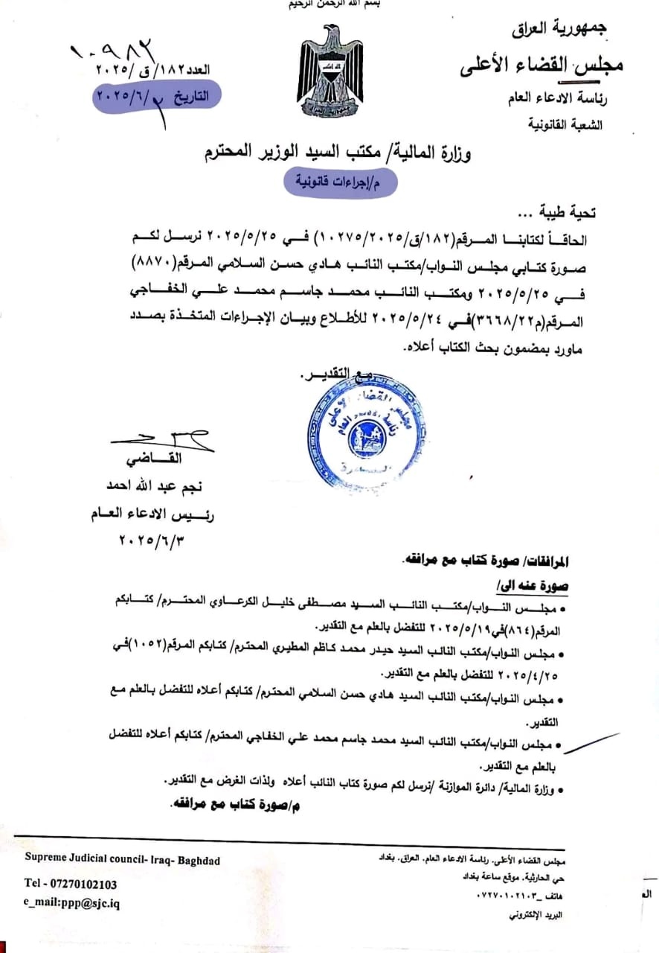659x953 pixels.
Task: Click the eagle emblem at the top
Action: point(331,71)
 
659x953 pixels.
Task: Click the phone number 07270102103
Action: point(71,884)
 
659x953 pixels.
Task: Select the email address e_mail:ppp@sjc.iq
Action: point(72,903)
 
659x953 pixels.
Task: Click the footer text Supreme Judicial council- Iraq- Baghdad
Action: point(123,860)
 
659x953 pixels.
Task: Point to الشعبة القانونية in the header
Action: point(573,125)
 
